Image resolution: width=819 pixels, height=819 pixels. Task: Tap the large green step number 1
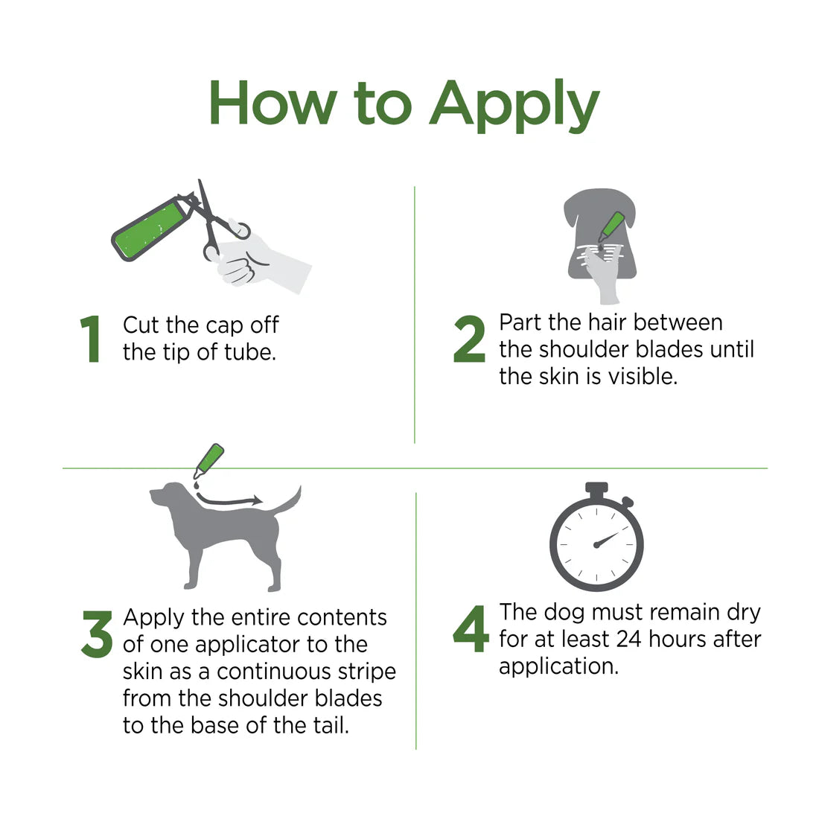point(91,340)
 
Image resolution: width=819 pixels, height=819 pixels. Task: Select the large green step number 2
point(469,339)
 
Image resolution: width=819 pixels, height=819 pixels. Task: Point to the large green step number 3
point(97,634)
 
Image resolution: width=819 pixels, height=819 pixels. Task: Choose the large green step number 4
point(471,629)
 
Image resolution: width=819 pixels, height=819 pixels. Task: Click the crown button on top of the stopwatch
point(596,488)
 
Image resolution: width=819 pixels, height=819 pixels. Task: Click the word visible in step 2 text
point(642,376)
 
